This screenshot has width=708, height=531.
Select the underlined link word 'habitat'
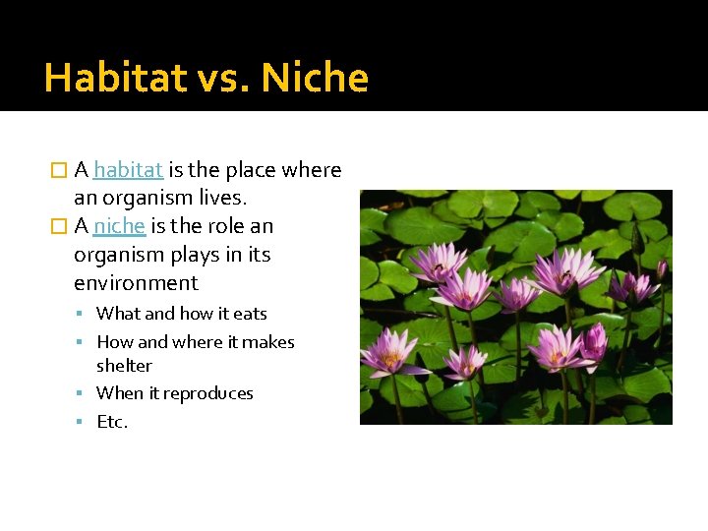click(128, 170)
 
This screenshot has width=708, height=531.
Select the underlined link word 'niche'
click(120, 226)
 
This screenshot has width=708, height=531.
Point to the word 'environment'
click(136, 283)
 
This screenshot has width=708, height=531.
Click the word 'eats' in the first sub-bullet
click(250, 314)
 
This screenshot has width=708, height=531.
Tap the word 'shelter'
click(124, 366)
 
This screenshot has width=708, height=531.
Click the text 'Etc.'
click(112, 422)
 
